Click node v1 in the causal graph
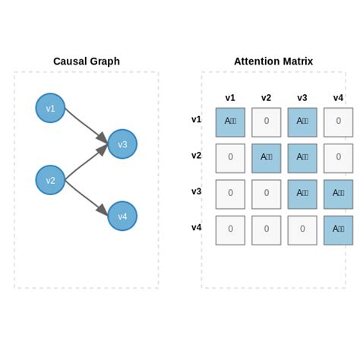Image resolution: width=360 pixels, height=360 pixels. (x=50, y=108)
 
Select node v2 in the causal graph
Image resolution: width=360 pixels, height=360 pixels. (x=50, y=180)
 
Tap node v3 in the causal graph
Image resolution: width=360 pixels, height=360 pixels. (x=122, y=144)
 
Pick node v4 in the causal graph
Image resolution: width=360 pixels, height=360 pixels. (x=122, y=216)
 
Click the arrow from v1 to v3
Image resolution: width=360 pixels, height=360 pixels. (x=85, y=125)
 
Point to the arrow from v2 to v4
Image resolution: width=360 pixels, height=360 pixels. (x=85, y=197)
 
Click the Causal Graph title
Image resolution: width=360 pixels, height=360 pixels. (x=86, y=62)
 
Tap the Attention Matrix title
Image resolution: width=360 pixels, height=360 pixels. (x=273, y=62)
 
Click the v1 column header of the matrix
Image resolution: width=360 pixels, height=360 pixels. (x=230, y=98)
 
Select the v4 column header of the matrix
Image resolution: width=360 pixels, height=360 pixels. (x=338, y=98)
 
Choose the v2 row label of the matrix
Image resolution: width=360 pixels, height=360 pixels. (x=197, y=156)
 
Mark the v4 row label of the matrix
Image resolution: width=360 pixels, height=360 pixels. (x=197, y=227)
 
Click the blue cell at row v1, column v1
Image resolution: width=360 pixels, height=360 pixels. (x=230, y=122)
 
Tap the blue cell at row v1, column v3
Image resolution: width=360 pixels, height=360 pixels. (x=302, y=122)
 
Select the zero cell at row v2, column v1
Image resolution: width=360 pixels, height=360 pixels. (x=230, y=158)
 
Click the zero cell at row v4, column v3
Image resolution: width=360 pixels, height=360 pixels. (x=302, y=230)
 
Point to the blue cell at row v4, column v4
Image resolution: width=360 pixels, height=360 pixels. (x=338, y=230)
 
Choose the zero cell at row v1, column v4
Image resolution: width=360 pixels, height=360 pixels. (x=338, y=122)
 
